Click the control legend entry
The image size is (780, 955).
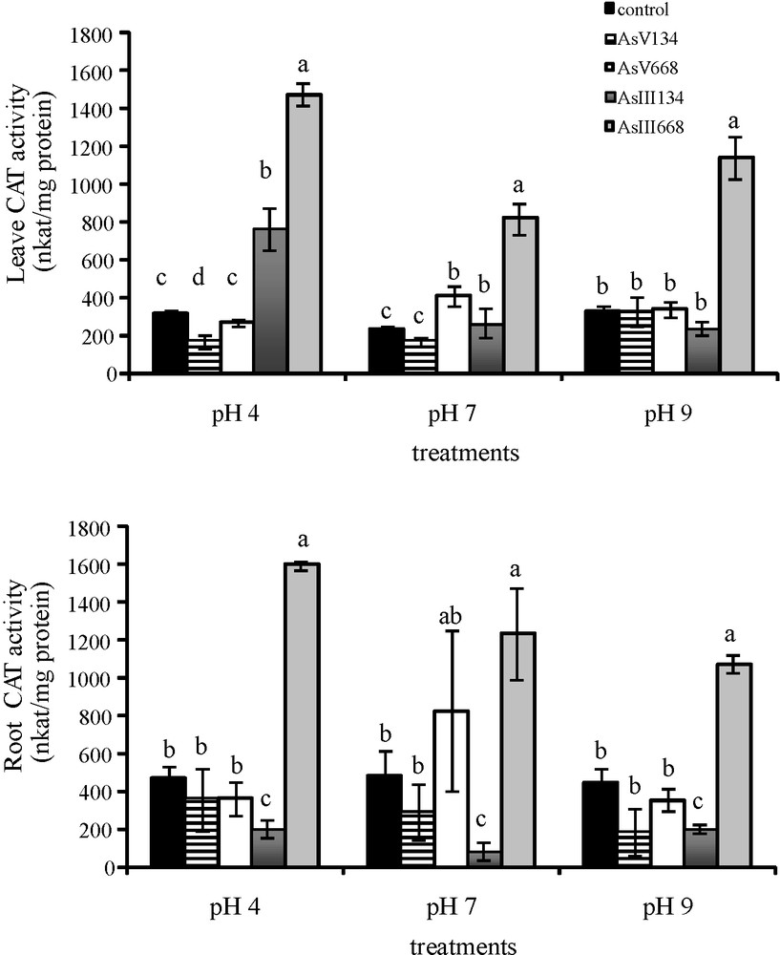click(636, 11)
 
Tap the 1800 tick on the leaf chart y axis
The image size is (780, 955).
click(107, 34)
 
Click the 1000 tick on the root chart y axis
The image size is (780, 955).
click(107, 678)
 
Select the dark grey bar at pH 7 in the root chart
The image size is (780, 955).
click(486, 859)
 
